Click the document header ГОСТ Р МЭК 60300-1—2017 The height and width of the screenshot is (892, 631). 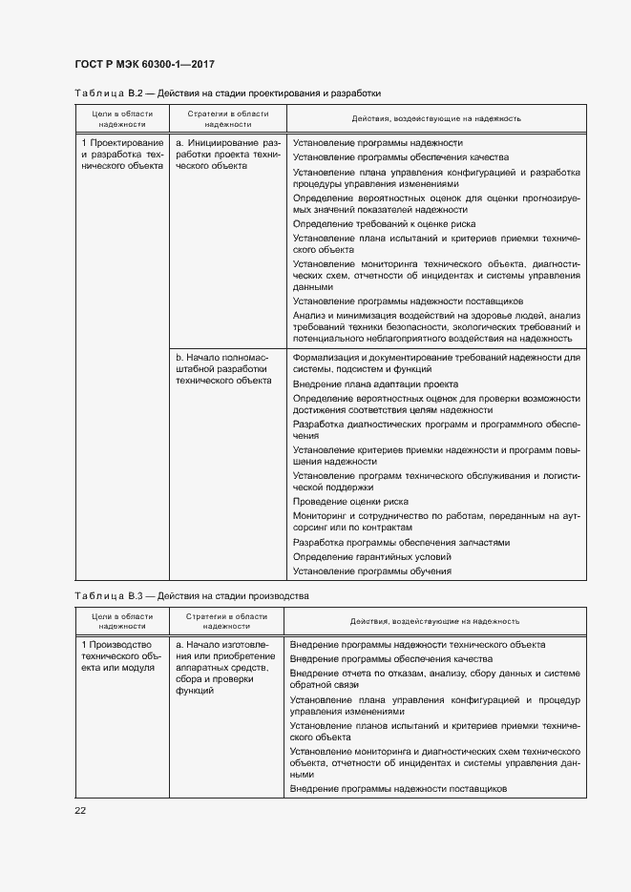point(143,64)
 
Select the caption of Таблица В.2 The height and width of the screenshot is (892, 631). point(227,93)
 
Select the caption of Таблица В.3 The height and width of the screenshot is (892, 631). point(192,595)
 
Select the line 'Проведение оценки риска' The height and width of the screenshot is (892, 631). point(350,501)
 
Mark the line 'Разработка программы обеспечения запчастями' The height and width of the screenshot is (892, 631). point(401,542)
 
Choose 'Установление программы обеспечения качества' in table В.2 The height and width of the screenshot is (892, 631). point(393,156)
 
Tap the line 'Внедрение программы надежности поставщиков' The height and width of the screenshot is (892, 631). point(397,789)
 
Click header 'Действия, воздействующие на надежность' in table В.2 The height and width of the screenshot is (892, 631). point(435,118)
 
